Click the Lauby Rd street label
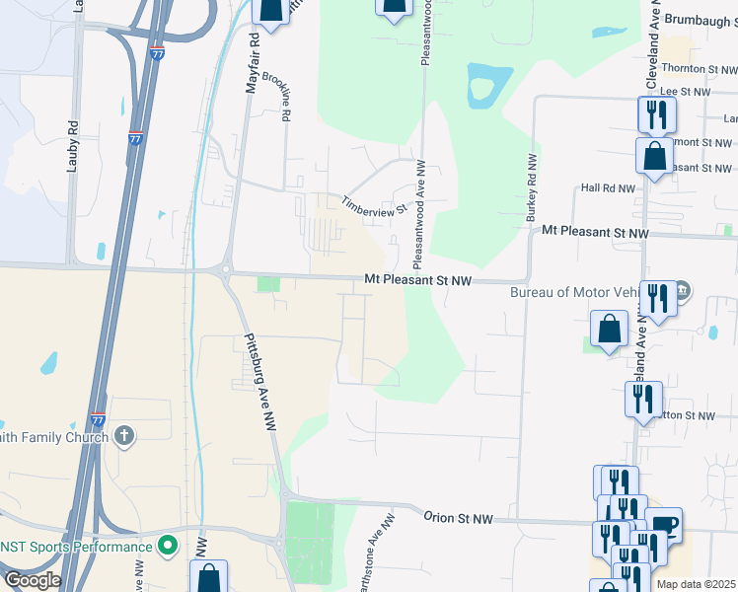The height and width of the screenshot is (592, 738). pos(72,146)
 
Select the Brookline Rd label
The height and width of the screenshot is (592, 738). pos(286,97)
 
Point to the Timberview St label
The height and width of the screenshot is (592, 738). pos(374,205)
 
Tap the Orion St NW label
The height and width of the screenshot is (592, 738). pos(458,518)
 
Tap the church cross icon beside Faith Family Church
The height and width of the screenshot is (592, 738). pos(124,434)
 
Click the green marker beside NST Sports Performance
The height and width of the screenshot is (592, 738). pos(168,545)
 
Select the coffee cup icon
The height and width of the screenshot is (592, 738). pos(664,526)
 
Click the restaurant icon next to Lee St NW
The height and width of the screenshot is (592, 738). pos(654,115)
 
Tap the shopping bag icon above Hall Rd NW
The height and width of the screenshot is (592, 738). pos(654,157)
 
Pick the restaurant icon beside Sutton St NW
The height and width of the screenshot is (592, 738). pos(642,400)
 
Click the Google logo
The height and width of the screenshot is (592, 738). pos(32,580)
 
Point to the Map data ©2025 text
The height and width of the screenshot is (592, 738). pos(697,584)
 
